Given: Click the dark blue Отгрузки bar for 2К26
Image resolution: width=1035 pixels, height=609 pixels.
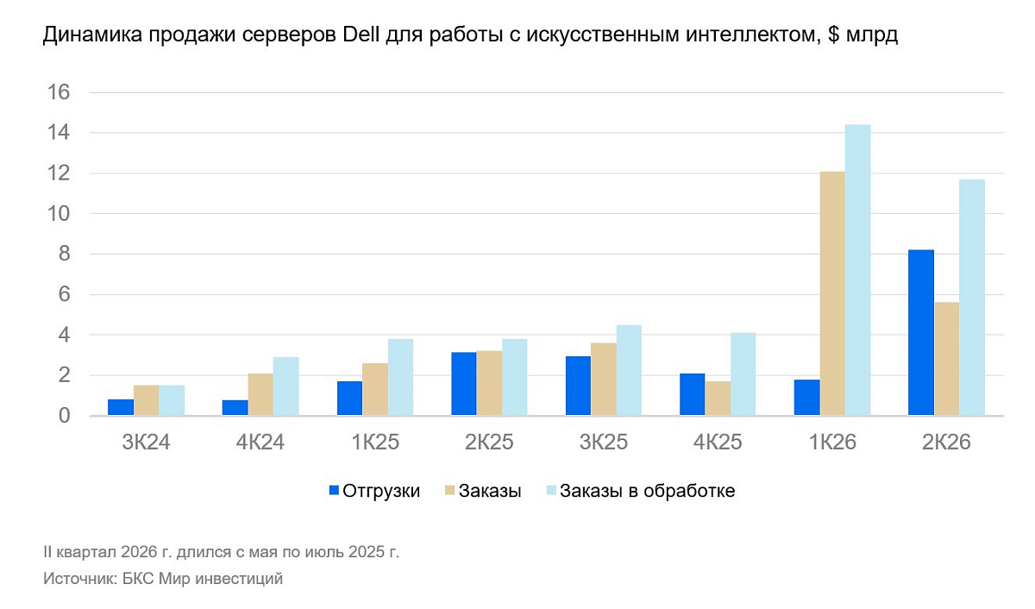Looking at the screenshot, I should (x=921, y=333).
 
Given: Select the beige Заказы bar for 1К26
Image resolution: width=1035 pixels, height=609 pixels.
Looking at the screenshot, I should (x=832, y=294).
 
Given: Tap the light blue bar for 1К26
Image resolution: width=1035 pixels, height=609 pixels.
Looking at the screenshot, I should (x=858, y=270).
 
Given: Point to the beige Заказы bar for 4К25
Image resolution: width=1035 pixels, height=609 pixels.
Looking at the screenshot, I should (x=718, y=399).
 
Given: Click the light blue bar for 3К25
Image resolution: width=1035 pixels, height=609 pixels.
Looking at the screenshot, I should (x=629, y=371).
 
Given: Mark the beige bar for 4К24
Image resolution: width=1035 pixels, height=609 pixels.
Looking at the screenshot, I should (x=260, y=395).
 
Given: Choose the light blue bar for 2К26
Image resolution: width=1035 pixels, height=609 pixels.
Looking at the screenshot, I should (x=972, y=298).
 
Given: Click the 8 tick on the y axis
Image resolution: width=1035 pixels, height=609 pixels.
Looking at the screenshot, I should (x=63, y=254).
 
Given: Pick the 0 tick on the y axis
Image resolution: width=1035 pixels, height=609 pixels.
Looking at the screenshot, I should (x=63, y=416).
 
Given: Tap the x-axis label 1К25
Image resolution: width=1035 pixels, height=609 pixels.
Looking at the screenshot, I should (x=374, y=443).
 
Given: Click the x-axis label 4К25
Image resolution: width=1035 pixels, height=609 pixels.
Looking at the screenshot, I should (x=718, y=443).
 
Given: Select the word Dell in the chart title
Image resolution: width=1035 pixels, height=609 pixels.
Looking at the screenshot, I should (x=361, y=35).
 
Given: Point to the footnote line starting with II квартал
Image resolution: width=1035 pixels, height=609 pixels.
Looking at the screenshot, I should (x=222, y=551).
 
